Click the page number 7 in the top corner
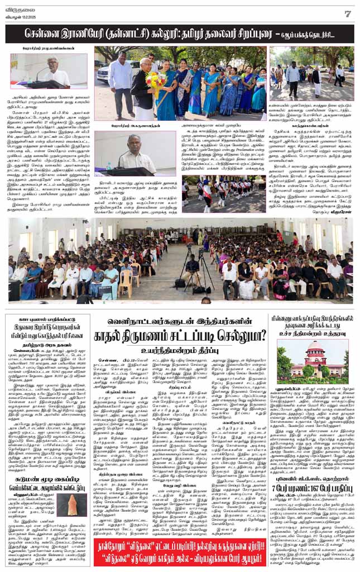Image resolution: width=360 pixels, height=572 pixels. pyautogui.click(x=347, y=13)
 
